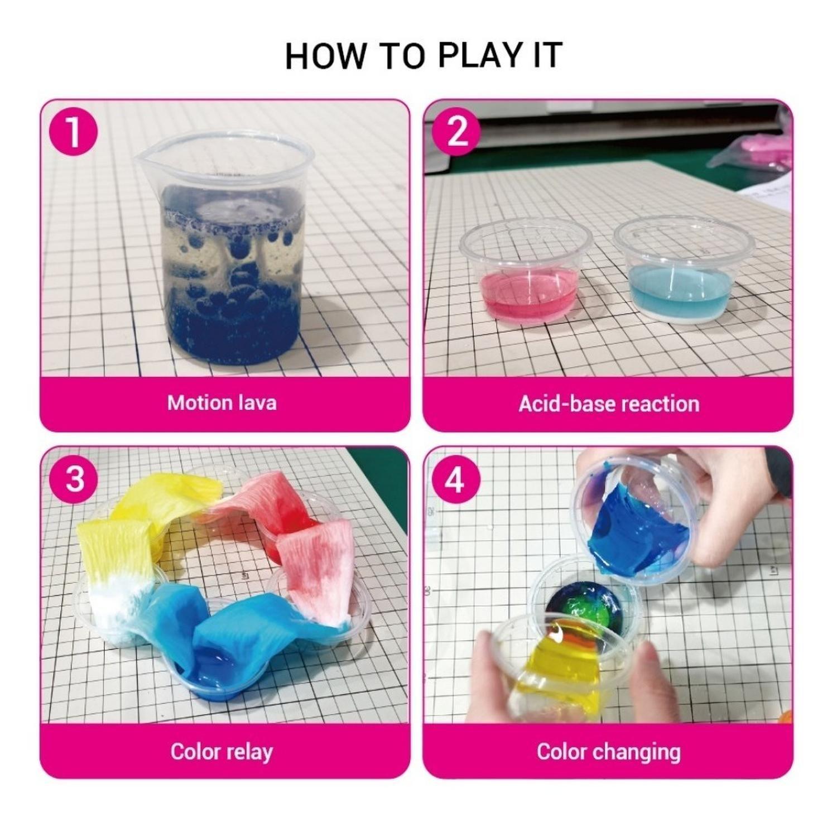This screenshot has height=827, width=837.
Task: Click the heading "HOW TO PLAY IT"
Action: point(423,56)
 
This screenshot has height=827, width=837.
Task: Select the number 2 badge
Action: point(456,132)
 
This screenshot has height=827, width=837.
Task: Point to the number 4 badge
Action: point(456,479)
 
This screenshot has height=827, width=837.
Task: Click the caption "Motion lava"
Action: point(222,403)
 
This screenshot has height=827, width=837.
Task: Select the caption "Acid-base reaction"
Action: point(608,403)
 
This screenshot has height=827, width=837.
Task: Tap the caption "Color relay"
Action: point(222,751)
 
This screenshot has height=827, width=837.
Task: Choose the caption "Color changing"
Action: point(608,751)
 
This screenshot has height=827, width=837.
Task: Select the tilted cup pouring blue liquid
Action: point(636,519)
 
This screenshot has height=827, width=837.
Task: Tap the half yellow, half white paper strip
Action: point(114,564)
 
